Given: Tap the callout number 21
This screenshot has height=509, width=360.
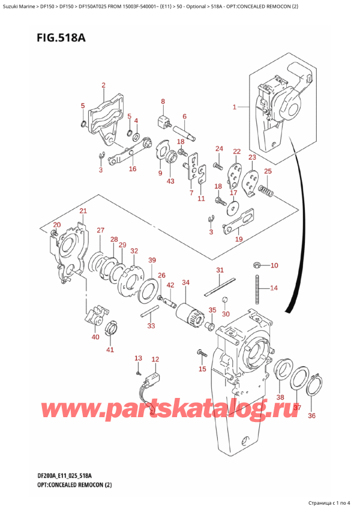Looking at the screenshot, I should point(83,211).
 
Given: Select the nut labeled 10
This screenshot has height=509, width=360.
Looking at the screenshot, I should point(256,265).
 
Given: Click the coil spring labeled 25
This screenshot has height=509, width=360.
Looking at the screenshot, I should point(266,192).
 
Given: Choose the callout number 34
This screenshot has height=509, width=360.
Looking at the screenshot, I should point(185,283).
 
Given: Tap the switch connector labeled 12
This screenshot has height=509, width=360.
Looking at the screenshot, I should point(152,381).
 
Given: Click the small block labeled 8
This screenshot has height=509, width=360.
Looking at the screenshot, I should point(163,121).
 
